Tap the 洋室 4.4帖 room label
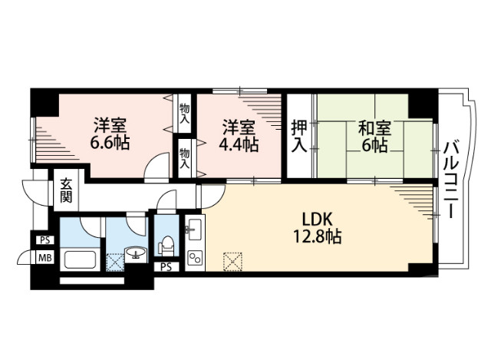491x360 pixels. (239, 134)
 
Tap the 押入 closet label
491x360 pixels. (298, 136)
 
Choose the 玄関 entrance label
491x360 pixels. (65, 190)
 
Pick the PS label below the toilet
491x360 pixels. (165, 267)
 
